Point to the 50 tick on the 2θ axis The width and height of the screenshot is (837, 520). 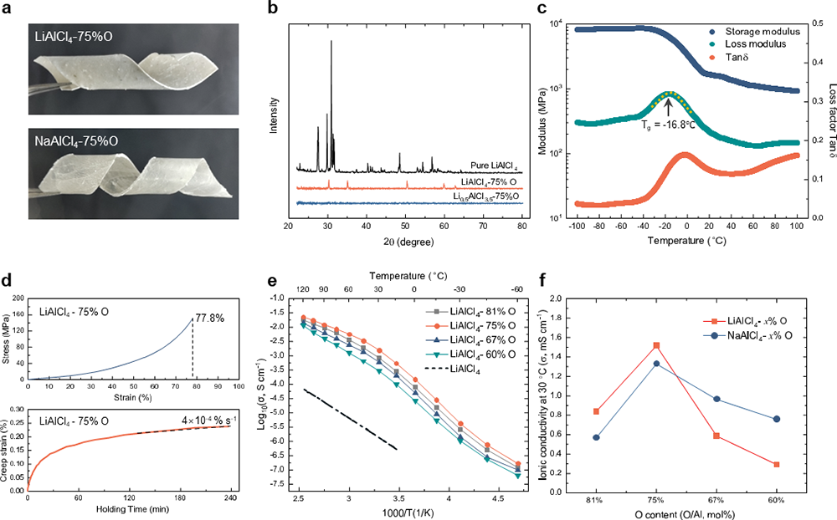[x=405, y=226]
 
